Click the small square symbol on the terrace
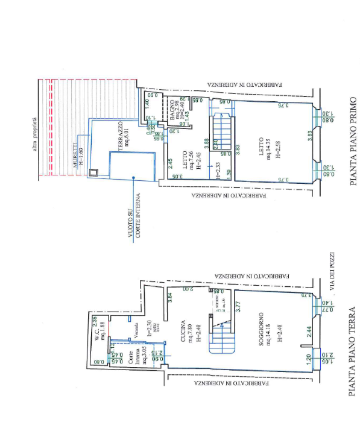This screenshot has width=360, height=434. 92,174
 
